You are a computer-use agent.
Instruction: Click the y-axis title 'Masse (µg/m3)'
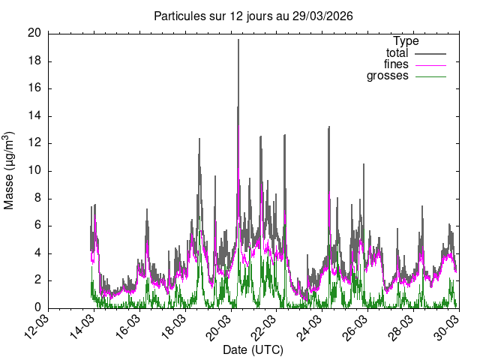(10, 170)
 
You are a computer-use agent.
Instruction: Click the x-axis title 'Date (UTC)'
(253, 350)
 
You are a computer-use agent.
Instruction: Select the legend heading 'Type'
(406, 41)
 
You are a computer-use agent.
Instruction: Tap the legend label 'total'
(397, 53)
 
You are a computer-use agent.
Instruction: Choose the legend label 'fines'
(395, 64)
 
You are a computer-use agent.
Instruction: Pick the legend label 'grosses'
(387, 76)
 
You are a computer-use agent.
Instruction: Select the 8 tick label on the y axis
(37, 199)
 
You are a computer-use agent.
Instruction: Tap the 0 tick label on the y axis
(37, 308)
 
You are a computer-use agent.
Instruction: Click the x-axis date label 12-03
(38, 328)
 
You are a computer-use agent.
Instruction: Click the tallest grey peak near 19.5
(238, 40)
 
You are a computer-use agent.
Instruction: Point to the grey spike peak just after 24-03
(328, 127)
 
